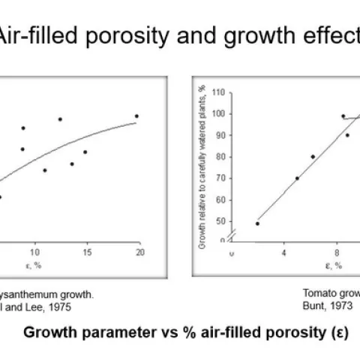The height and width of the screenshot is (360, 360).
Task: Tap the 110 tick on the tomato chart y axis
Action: coord(219,92)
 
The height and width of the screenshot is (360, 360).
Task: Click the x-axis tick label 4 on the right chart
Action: coord(284,252)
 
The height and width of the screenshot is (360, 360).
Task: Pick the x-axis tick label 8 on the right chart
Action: coord(337,252)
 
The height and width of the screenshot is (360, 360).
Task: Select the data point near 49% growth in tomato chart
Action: coord(257,223)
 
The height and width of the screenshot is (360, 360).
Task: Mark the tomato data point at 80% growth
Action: coord(313,157)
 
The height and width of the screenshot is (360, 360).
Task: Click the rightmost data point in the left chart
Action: coord(136,116)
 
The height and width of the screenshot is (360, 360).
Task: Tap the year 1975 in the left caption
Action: coord(45,305)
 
